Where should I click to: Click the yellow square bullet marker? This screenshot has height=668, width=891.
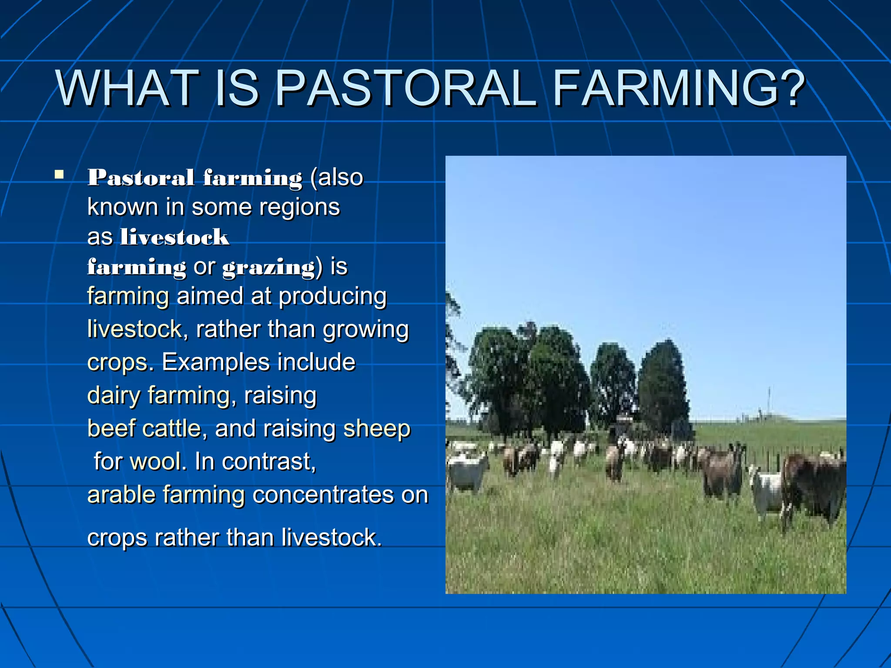click(x=59, y=175)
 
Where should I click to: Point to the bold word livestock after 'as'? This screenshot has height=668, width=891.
click(x=174, y=237)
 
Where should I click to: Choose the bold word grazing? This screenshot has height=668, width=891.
click(x=269, y=267)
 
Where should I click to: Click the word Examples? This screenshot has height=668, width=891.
click(x=215, y=362)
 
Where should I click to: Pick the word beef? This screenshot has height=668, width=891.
click(x=111, y=428)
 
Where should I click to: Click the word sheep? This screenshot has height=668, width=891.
click(x=377, y=429)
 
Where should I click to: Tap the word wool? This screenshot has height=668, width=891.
click(x=155, y=461)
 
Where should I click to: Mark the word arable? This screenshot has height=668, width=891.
click(x=121, y=495)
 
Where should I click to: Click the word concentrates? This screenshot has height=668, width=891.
click(x=323, y=495)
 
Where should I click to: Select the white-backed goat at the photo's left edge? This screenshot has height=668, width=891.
click(x=466, y=472)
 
